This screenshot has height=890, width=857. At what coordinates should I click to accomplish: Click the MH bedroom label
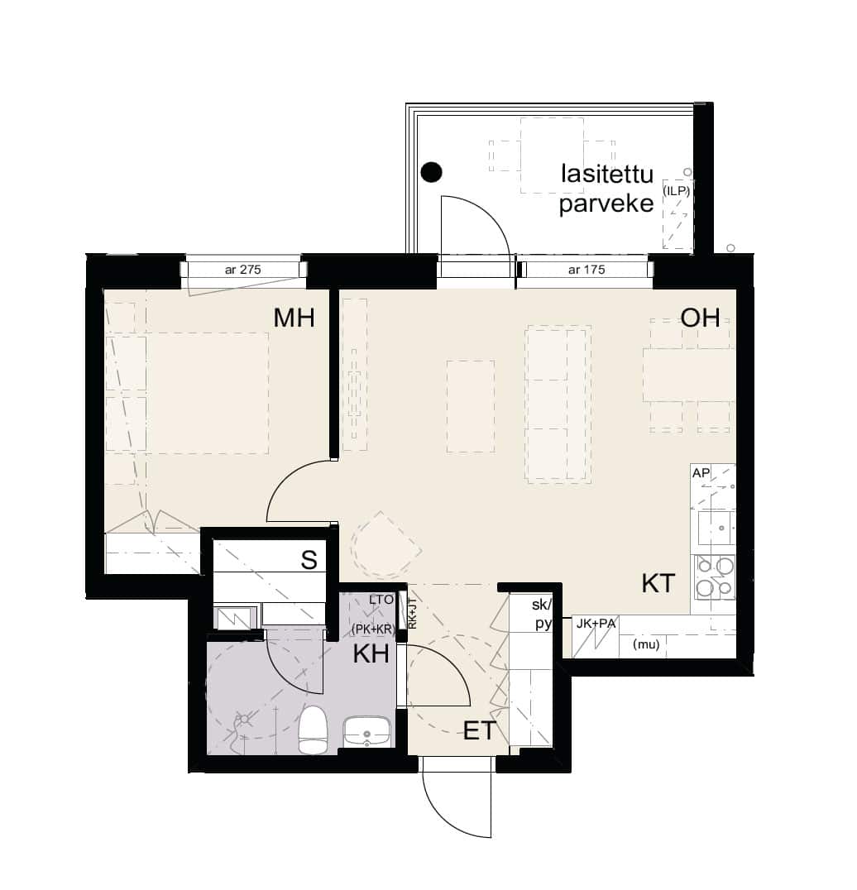[294, 318]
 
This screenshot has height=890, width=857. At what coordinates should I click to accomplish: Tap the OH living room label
[700, 318]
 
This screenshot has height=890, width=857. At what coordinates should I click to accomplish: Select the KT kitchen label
[658, 583]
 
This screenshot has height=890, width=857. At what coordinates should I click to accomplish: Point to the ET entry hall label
[480, 730]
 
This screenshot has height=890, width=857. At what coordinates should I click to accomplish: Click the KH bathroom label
[371, 654]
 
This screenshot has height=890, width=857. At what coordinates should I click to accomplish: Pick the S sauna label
[309, 560]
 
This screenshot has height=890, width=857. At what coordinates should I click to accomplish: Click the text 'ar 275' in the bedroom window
[243, 270]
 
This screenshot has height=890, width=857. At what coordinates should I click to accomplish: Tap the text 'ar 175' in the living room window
[586, 270]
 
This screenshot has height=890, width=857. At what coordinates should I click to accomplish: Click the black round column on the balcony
[432, 172]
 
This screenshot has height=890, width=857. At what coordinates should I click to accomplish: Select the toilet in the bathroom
[313, 730]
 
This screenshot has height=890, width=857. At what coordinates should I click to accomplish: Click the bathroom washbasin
[366, 732]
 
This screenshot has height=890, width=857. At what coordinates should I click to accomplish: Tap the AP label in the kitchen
[701, 473]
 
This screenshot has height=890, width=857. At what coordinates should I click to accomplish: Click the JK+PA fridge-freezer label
[596, 624]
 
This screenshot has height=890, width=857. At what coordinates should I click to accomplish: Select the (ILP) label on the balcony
[676, 191]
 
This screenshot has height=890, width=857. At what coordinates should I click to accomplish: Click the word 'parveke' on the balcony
[606, 203]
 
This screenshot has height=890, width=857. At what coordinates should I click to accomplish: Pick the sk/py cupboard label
[542, 614]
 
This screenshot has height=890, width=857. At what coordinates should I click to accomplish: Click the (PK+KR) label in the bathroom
[373, 629]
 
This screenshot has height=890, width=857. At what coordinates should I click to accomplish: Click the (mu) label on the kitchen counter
[646, 644]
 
